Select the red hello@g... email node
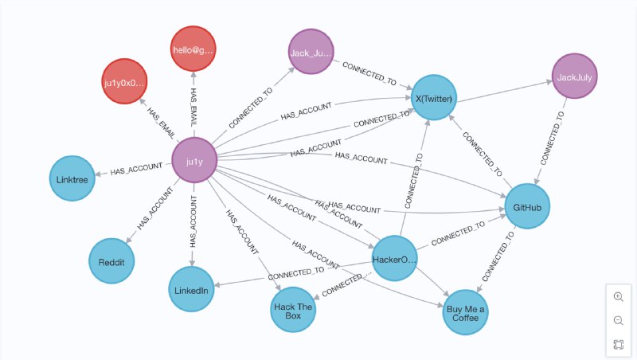193,49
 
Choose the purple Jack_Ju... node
311,52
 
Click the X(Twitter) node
434,99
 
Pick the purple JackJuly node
575,77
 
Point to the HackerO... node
395,258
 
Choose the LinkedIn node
191,290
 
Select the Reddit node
111,260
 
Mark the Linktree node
72,178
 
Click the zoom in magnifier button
618,296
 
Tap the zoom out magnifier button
618,320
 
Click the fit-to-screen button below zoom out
618,345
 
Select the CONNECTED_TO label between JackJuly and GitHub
552,138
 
